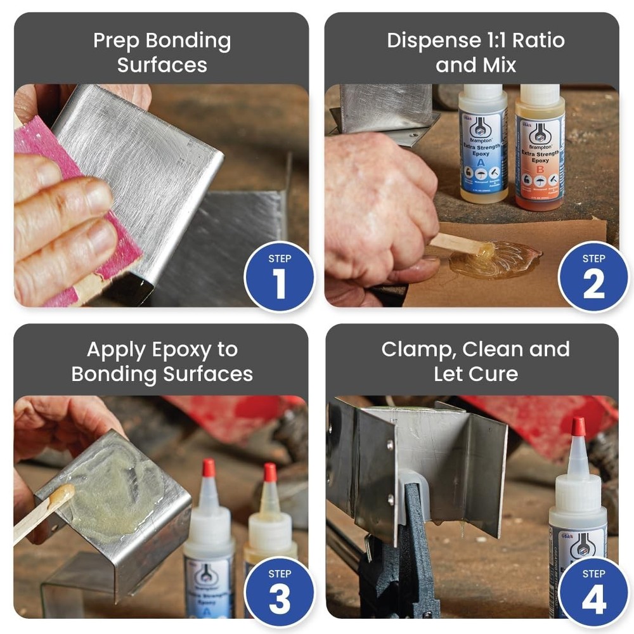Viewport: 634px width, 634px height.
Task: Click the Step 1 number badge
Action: [x=279, y=277]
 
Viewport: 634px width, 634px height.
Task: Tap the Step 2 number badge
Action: [x=593, y=277]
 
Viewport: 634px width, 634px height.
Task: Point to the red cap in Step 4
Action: [x=578, y=427]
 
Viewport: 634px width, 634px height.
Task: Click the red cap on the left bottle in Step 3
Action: [x=209, y=468]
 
